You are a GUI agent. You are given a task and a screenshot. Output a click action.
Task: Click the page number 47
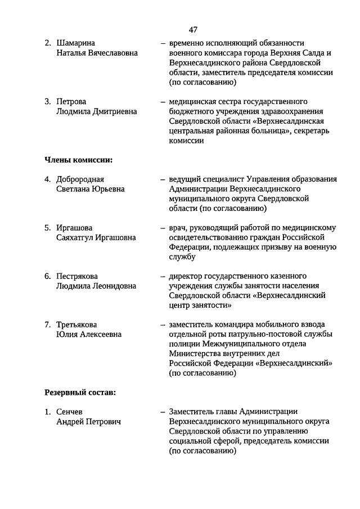point(193,29)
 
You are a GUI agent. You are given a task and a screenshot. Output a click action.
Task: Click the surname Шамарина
point(75,43)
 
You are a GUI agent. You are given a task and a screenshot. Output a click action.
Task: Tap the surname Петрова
point(71,102)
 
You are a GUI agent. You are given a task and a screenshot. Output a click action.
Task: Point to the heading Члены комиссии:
point(78,160)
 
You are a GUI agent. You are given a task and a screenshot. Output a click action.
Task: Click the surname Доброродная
point(80,179)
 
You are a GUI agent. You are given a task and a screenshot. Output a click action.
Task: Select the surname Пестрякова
point(77,276)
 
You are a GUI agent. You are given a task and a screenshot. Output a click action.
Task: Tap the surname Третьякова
point(76,325)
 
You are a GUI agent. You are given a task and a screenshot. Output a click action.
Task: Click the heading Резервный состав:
point(80,392)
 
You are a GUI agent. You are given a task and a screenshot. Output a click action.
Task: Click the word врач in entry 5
point(177,228)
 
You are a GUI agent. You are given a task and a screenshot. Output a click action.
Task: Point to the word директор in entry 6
point(186,276)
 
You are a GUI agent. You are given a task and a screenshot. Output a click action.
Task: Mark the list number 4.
point(48,179)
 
